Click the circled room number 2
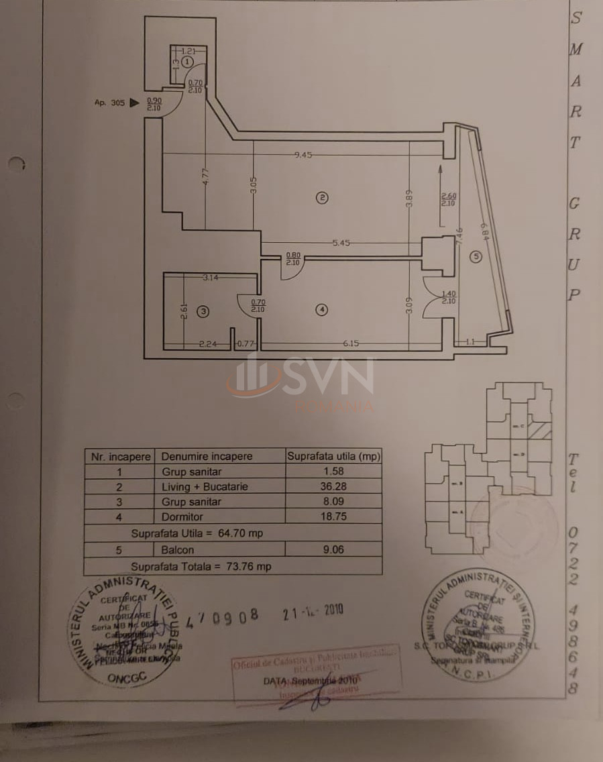point(323,197)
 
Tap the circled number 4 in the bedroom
point(323,309)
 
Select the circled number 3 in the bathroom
point(203,311)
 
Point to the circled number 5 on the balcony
point(475,256)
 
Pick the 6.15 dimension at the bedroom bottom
point(350,344)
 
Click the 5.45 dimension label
point(341,243)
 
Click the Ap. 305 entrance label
point(109,103)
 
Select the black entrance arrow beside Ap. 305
point(134,103)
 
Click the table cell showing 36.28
point(333,486)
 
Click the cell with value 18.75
point(333,517)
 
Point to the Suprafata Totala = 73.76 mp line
point(201,566)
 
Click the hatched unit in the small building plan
point(539,430)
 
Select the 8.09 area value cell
point(333,501)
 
